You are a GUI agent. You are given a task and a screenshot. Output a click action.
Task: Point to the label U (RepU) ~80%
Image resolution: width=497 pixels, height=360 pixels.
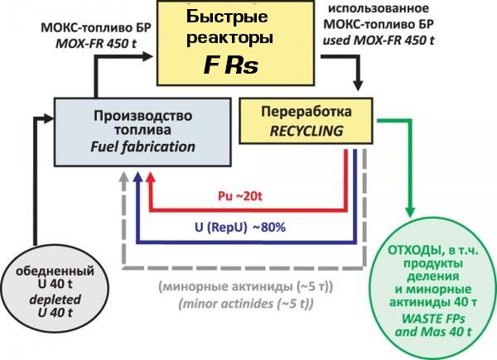point(241,226)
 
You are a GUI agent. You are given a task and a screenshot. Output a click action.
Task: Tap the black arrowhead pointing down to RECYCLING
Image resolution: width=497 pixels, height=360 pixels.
point(359,86)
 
